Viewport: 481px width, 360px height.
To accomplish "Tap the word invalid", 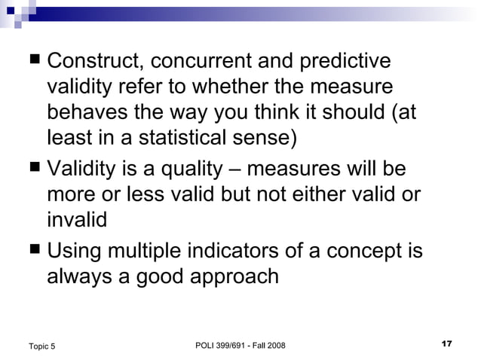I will [x=77, y=219].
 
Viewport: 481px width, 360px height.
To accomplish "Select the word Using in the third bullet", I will [x=74, y=249].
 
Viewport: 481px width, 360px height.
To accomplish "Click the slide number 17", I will [x=445, y=343].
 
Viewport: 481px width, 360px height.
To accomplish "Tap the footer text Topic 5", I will [x=41, y=346].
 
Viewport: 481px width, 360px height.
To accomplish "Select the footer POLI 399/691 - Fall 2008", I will [x=240, y=345].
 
